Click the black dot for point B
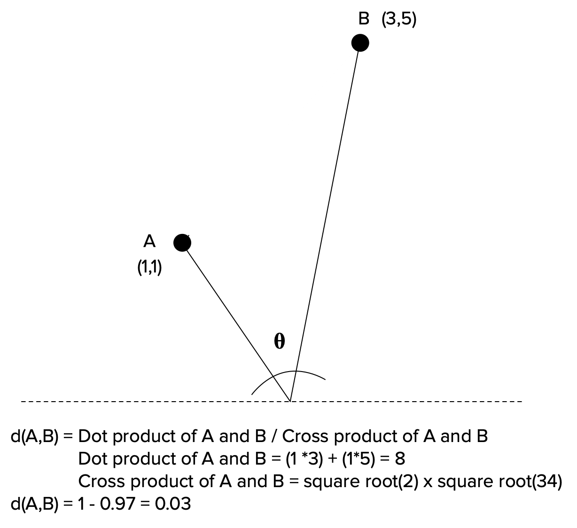pyautogui.click(x=360, y=43)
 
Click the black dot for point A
pyautogui.click(x=182, y=243)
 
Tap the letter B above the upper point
pyautogui.click(x=364, y=19)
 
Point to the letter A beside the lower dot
pyautogui.click(x=149, y=241)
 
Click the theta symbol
pyautogui.click(x=279, y=341)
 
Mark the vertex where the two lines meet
pyautogui.click(x=290, y=401)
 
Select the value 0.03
pyautogui.click(x=173, y=504)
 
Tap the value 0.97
pyautogui.click(x=117, y=504)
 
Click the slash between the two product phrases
pyautogui.click(x=274, y=436)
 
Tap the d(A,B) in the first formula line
pyautogui.click(x=34, y=436)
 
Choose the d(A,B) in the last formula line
pyautogui.click(x=34, y=504)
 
